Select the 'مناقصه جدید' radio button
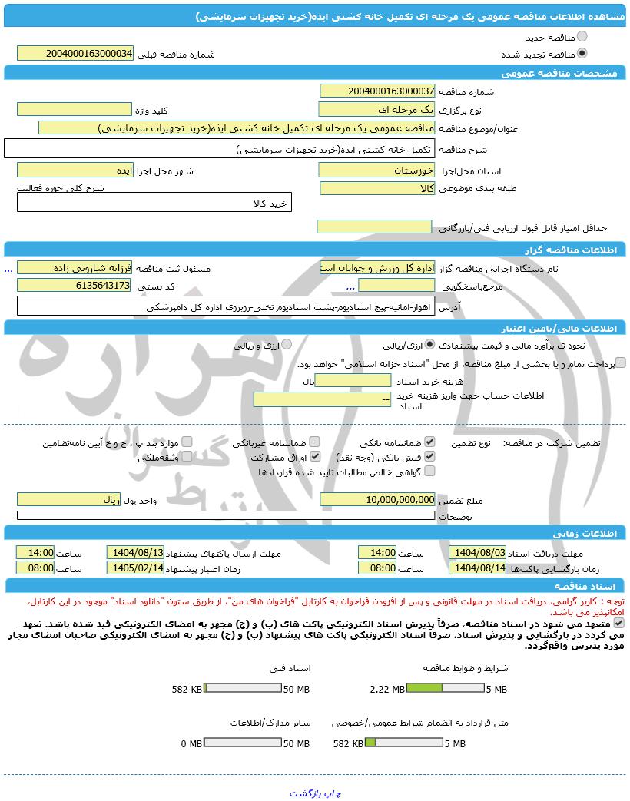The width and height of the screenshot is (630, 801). coord(582,37)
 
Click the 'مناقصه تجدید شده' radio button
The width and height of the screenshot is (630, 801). coord(582,54)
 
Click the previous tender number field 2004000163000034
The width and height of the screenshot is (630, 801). coord(75,53)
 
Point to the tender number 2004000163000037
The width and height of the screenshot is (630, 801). coord(377,91)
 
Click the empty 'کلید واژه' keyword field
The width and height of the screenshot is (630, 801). coord(75,109)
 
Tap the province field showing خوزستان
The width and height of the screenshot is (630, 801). coord(377,170)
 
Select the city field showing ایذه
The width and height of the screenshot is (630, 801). coord(75,170)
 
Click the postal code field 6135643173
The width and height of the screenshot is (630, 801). coord(75,285)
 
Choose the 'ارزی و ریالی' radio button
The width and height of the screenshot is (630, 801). coord(286,345)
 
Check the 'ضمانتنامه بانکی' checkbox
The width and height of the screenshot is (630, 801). coord(429,442)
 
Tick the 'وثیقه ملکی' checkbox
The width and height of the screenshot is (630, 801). coord(187,457)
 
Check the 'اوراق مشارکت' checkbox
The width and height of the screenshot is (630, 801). coord(314,457)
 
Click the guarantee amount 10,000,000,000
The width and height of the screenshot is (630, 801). coord(377,499)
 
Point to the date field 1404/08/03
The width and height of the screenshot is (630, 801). coord(478,552)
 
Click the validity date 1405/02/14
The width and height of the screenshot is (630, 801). coord(135,568)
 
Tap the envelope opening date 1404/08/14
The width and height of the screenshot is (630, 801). coord(478,568)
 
